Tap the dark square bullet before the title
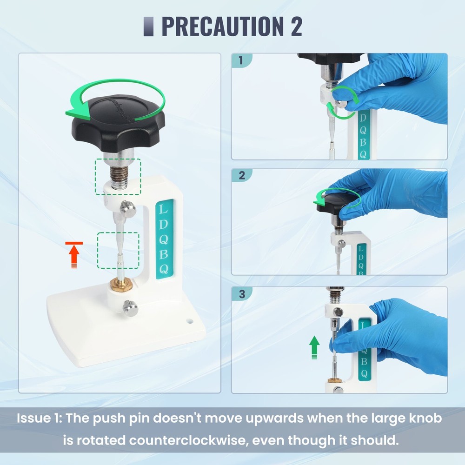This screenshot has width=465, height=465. tap(149, 27)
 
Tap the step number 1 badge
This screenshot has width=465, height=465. tap(241, 60)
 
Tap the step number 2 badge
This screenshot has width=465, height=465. tap(241, 176)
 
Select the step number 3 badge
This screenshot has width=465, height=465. tap(241, 294)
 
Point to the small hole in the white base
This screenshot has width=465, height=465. tap(190, 320)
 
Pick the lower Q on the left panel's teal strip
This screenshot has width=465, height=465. tap(164, 269)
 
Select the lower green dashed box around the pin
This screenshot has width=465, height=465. tap(118, 250)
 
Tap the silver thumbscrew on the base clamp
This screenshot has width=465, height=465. tap(129, 306)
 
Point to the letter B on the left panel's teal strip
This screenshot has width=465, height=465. tap(164, 254)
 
